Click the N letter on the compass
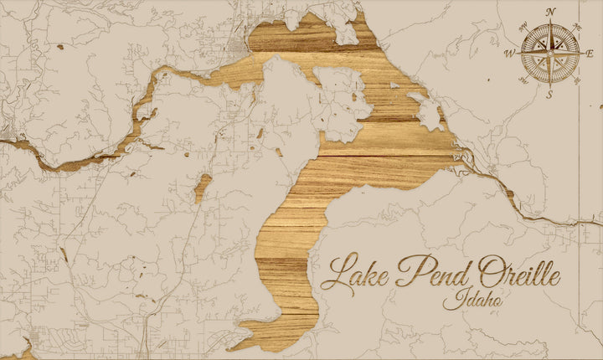550,12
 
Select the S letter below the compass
549,94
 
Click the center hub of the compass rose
549,53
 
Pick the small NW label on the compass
522,25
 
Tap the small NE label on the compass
578,25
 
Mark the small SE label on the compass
577,80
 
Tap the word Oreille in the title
519,272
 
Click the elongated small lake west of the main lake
203,188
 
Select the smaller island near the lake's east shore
428,113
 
